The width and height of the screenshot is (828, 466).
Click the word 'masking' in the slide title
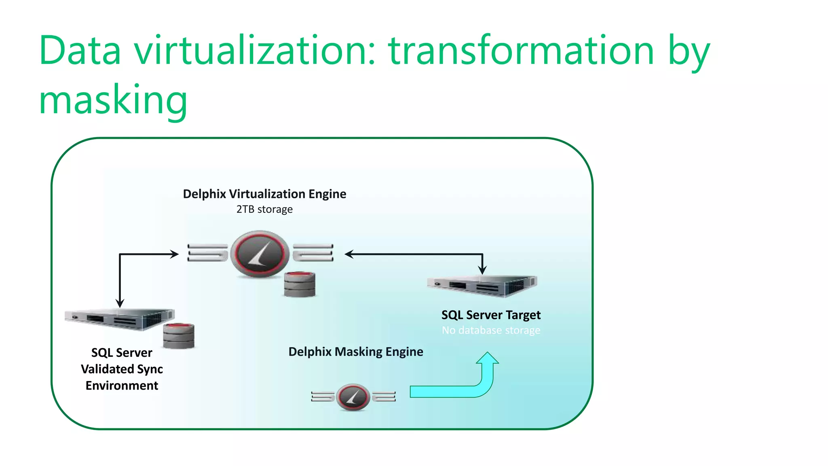pos(113,100)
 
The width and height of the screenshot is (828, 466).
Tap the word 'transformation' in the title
pos(521,50)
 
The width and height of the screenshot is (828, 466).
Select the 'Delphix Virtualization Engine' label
pos(264,194)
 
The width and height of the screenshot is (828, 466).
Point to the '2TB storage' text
pos(264,210)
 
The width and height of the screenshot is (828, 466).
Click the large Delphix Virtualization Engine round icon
pos(260,254)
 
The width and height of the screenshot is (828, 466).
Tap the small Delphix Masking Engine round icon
pos(353,397)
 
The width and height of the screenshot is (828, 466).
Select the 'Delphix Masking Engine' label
pos(356,352)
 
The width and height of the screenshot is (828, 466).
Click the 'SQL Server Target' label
pos(491,315)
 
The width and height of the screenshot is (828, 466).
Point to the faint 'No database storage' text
pos(491,330)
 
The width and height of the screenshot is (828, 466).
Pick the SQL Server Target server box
pos(483,285)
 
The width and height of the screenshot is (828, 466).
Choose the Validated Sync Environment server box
pos(120,319)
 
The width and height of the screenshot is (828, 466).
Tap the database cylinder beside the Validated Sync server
pos(179,336)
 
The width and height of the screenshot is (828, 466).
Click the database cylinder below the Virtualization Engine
pos(300,284)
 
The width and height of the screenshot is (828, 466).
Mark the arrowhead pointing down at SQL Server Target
pos(482,270)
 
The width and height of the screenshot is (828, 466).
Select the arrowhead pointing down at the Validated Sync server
pos(120,303)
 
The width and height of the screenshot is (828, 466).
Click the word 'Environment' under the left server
pos(122,386)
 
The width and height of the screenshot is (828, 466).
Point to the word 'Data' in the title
pos(80,50)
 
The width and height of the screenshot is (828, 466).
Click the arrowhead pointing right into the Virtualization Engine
pos(174,254)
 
